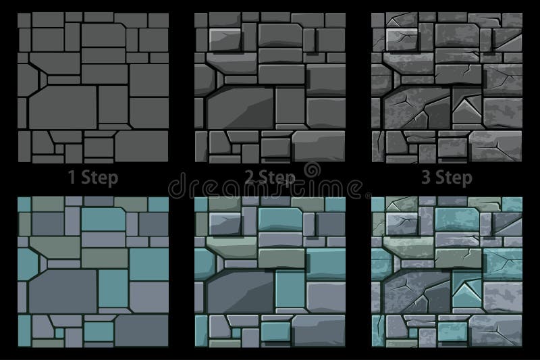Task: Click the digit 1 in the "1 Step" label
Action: point(72,177)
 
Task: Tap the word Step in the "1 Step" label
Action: point(99,178)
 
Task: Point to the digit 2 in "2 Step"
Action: point(250,177)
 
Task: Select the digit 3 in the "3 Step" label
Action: point(427,177)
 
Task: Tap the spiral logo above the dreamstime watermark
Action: point(312,170)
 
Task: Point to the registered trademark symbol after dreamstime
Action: point(368,196)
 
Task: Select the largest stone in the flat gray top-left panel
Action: point(63,107)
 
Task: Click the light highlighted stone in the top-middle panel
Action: point(225,41)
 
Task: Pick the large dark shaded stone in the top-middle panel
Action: point(240,108)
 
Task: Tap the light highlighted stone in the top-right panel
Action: point(402,40)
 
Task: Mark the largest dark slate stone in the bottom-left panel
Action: point(63,291)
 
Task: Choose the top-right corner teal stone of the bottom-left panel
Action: point(159,204)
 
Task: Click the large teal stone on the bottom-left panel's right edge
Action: point(149,264)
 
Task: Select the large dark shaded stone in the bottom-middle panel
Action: point(240,292)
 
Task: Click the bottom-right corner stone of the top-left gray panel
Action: point(142,146)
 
